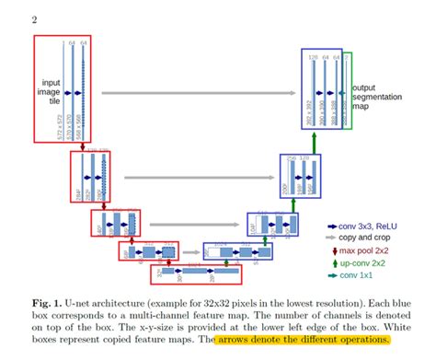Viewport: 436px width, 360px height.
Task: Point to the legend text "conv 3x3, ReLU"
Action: tap(377, 224)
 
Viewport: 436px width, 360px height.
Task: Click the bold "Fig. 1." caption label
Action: tap(47, 302)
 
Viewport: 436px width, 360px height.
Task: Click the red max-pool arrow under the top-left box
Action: tap(82, 145)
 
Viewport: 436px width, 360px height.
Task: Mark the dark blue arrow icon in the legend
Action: tap(334, 225)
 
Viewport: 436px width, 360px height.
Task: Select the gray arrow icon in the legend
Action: tap(334, 237)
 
